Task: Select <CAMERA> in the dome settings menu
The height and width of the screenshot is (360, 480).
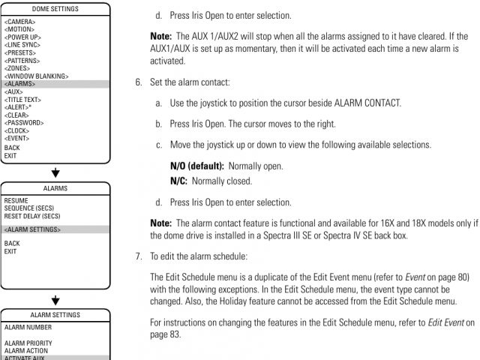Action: point(19,22)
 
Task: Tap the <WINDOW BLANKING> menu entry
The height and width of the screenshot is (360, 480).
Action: point(36,76)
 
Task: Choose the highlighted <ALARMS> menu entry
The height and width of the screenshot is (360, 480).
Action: point(19,84)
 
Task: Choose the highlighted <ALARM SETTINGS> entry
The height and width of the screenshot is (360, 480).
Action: point(32,229)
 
